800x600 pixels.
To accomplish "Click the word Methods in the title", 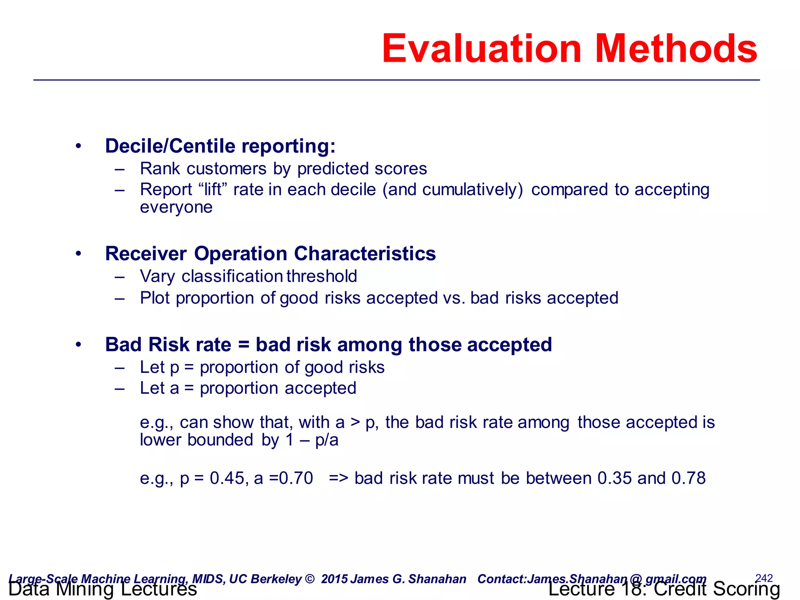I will tap(676, 48).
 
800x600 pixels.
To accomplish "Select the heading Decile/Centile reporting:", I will tap(220, 146).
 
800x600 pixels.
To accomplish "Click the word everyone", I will tap(176, 207).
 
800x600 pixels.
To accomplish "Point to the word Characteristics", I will tap(365, 254).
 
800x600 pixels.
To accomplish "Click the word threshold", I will tap(321, 276).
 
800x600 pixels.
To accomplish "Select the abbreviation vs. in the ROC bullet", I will tap(454, 298).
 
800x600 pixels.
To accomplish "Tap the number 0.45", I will tap(227, 478).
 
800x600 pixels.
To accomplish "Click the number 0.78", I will tap(688, 478).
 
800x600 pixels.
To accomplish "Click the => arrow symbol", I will tap(338, 478).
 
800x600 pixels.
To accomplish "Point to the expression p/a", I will tap(327, 440).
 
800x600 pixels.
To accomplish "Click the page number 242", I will tap(764, 578).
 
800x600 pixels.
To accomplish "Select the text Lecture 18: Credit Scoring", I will tap(664, 589).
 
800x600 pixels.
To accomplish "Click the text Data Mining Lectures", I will tap(102, 589).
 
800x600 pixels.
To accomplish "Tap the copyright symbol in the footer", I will tap(309, 579).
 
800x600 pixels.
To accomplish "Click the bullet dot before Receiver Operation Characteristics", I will tap(79, 254).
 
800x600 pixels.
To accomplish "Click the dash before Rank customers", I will tap(120, 169).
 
